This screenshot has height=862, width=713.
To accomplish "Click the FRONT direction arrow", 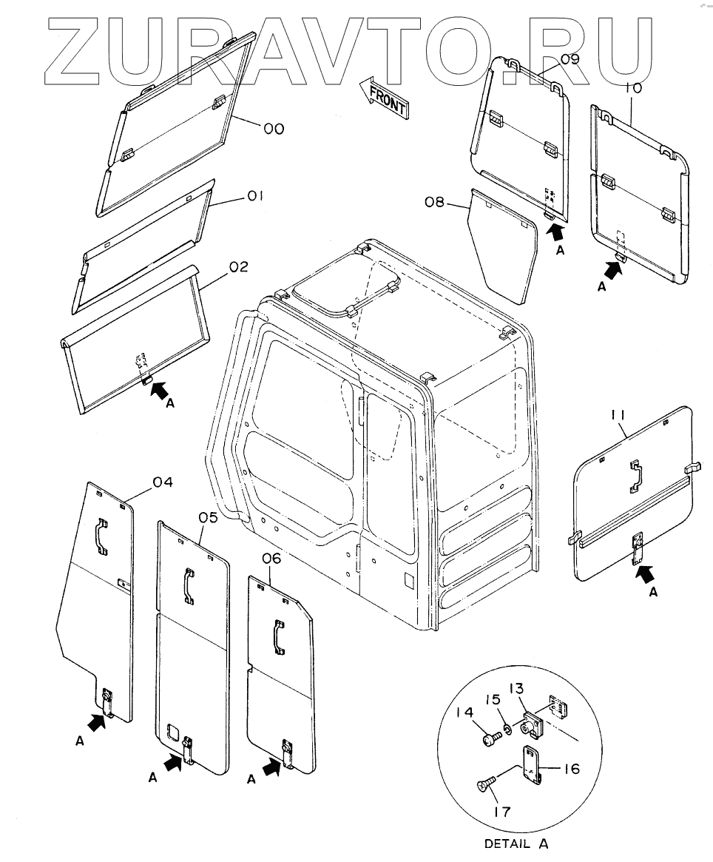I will pyautogui.click(x=382, y=98).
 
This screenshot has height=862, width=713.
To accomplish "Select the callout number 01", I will pyautogui.click(x=255, y=196).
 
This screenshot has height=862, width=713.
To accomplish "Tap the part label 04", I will pyautogui.click(x=163, y=482).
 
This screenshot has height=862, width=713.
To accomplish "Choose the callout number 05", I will pyautogui.click(x=208, y=517).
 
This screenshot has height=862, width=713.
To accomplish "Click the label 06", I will pyautogui.click(x=271, y=559).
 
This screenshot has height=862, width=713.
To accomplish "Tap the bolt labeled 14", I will pyautogui.click(x=488, y=736).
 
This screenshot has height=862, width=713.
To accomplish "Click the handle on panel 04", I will pyautogui.click(x=101, y=536).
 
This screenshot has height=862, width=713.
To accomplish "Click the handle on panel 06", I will pyautogui.click(x=278, y=636).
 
